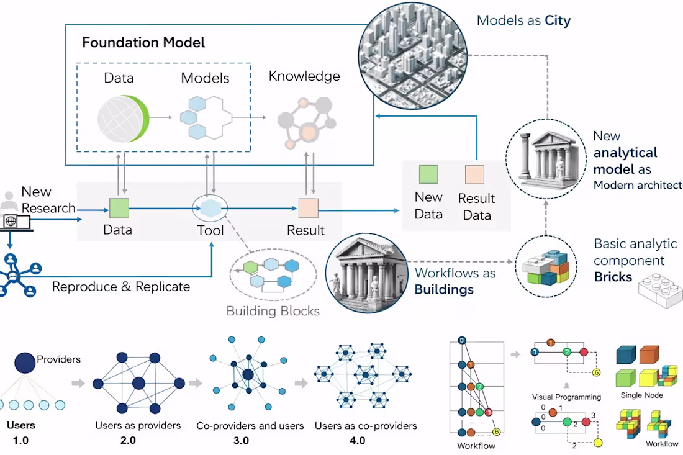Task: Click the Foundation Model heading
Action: pos(143,43)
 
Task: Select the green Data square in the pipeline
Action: pos(118,207)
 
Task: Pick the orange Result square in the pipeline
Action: pos(309,207)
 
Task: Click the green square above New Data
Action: pos(428,174)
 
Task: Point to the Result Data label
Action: pos(476,207)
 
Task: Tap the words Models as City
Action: pos(523,20)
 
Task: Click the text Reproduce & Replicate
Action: pos(121,287)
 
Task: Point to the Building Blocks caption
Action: pos(273,310)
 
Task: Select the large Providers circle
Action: pos(25,363)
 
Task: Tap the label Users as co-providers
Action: pos(366,426)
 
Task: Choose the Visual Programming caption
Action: pos(566,397)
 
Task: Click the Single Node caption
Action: pos(641,395)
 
